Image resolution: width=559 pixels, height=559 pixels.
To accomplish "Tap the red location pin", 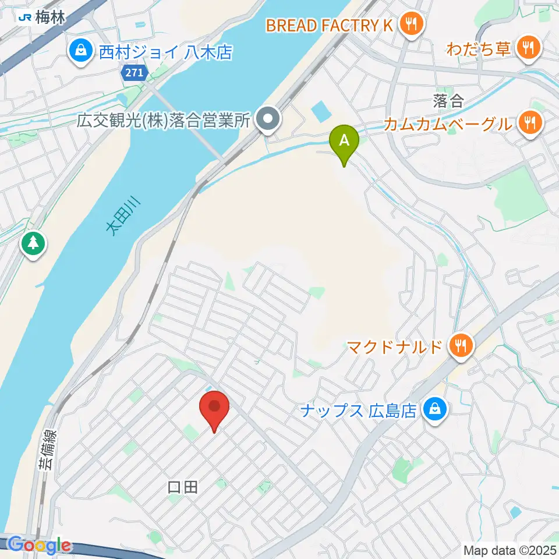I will pos(214,407).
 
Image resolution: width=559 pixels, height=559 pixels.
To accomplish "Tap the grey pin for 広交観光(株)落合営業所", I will pos(268,121).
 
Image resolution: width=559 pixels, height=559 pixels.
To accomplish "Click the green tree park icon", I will pos(33,243).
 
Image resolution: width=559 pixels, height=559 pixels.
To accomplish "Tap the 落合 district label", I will pos(448,101).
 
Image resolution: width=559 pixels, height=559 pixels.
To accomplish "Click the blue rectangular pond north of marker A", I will pos(320,110).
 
